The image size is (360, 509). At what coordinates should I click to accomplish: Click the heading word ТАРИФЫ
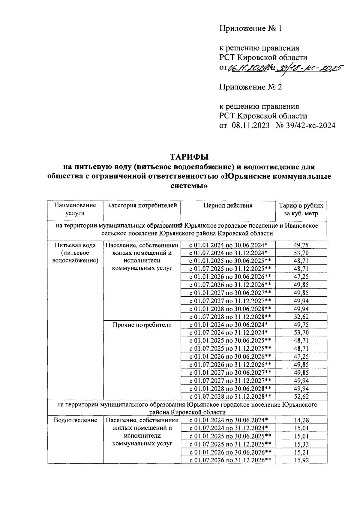[x=189, y=157]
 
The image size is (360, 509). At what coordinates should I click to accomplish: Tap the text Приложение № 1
[x=251, y=29]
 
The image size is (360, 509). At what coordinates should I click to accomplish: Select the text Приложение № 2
[x=251, y=87]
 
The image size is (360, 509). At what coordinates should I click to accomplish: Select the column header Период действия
[x=228, y=205]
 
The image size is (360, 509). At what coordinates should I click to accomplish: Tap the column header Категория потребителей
[x=142, y=205]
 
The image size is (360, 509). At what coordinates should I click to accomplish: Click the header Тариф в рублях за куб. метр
[x=301, y=209]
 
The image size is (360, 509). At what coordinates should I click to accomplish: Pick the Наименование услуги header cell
[x=75, y=209]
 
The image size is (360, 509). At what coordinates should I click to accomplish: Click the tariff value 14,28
[x=301, y=420]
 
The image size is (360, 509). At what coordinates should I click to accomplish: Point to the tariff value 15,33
[x=301, y=444]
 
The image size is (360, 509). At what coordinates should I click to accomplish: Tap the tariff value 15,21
[x=301, y=452]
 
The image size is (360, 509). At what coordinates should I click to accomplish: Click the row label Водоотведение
[x=75, y=420]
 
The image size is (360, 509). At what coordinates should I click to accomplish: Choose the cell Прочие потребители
[x=142, y=325]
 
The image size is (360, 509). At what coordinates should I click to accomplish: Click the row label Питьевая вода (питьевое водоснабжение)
[x=75, y=253]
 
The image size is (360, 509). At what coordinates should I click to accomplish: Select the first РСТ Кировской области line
[x=263, y=58]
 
